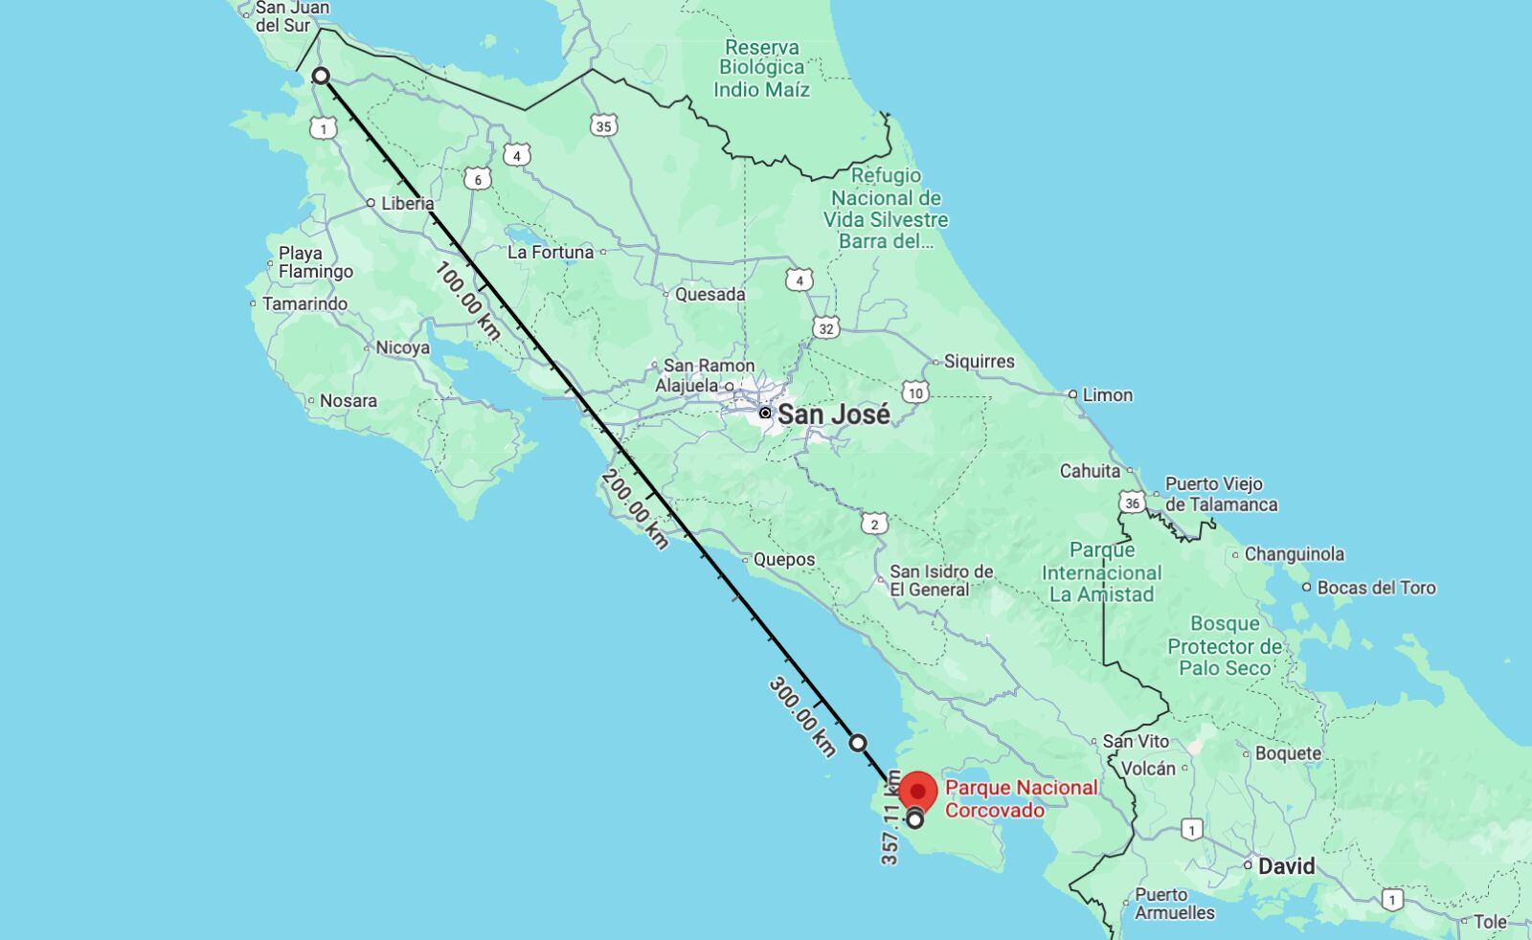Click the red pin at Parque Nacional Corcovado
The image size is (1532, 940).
[x=918, y=794]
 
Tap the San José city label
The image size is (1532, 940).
[x=833, y=414]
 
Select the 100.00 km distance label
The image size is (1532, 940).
[x=467, y=301]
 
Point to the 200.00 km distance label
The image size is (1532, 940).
[x=635, y=508]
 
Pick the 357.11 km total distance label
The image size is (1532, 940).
[x=890, y=818]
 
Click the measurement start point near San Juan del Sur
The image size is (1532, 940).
[x=322, y=76]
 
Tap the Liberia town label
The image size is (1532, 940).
[x=407, y=203]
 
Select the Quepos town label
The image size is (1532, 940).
[x=783, y=559]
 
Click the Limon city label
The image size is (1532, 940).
[x=1107, y=394]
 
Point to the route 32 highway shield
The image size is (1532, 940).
[x=825, y=328]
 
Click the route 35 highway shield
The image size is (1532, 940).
[x=602, y=125]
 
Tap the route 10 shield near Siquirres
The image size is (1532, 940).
[x=915, y=392]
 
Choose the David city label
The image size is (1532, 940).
[x=1286, y=866]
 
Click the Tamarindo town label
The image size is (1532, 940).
[x=304, y=303]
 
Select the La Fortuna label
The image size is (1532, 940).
[x=551, y=252]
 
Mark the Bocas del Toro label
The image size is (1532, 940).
[x=1376, y=588]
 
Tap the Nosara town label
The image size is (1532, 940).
[x=348, y=400]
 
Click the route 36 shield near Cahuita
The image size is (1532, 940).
[x=1133, y=503]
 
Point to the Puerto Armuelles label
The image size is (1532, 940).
[x=1174, y=904]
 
